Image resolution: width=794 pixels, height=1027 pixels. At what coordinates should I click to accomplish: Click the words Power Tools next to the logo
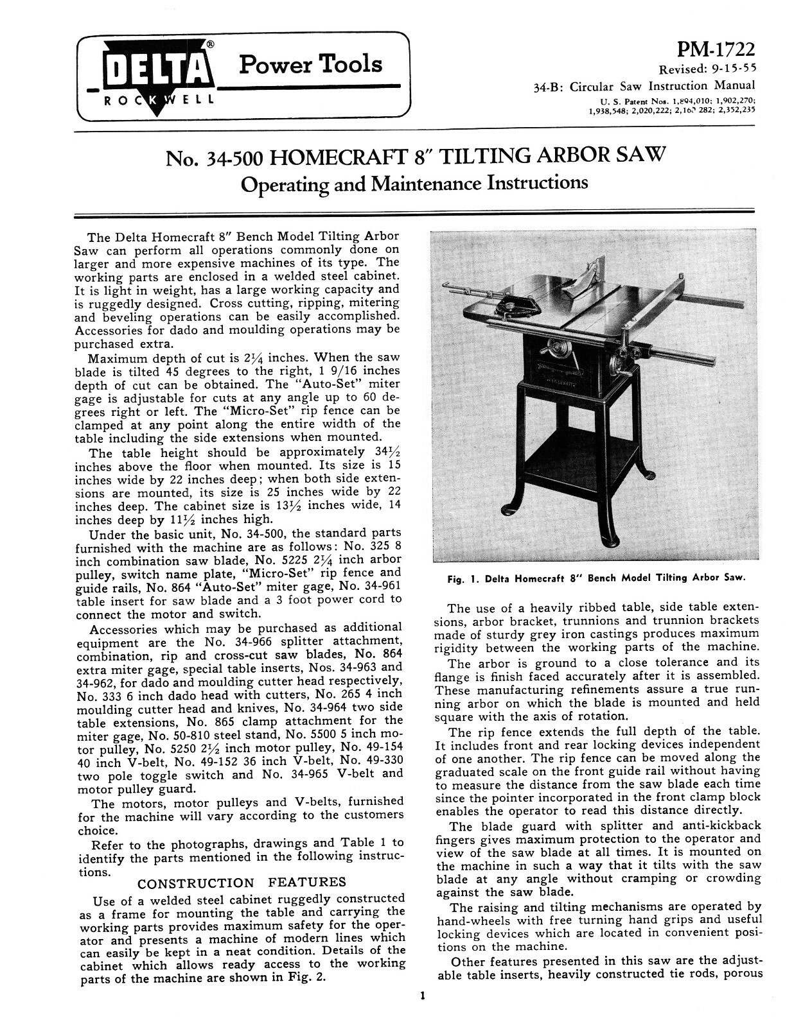tap(310, 64)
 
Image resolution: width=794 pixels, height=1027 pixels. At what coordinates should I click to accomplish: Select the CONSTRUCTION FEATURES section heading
tap(242, 882)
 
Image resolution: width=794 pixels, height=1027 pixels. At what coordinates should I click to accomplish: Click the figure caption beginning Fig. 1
tap(595, 577)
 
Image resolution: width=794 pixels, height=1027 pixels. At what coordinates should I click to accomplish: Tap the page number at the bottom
tap(421, 997)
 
